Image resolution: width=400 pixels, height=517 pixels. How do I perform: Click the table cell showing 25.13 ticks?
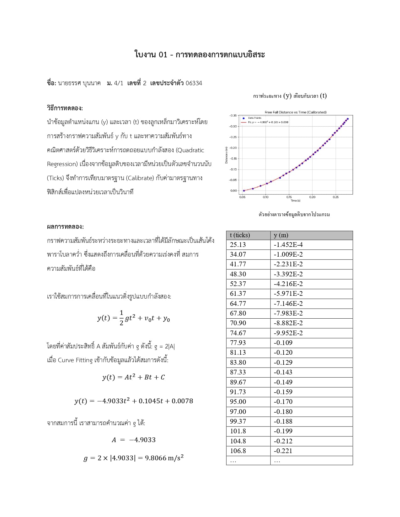tap(238, 245)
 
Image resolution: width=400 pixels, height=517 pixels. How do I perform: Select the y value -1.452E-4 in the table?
tap(288, 245)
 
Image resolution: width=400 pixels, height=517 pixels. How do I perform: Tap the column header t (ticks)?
tap(240, 235)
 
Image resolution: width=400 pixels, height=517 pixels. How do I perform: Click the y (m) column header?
tap(281, 235)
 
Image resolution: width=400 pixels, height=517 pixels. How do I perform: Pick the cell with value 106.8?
tap(238, 451)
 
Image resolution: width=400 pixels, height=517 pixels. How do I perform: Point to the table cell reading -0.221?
tap(283, 451)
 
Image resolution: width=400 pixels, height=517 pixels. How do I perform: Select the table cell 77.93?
tap(238, 343)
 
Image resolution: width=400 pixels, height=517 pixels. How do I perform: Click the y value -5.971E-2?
tap(288, 294)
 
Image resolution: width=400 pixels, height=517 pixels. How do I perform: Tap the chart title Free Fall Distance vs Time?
tap(295, 112)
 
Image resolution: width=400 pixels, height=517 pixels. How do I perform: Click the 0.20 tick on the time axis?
tap(312, 197)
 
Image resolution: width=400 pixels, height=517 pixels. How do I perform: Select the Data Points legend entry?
tap(254, 118)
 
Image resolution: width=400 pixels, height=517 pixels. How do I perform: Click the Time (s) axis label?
tap(295, 201)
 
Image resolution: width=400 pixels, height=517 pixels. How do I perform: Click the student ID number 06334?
tap(194, 83)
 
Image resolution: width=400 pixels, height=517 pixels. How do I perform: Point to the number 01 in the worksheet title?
tap(163, 55)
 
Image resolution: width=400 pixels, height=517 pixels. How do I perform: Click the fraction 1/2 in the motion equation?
tap(121, 318)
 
